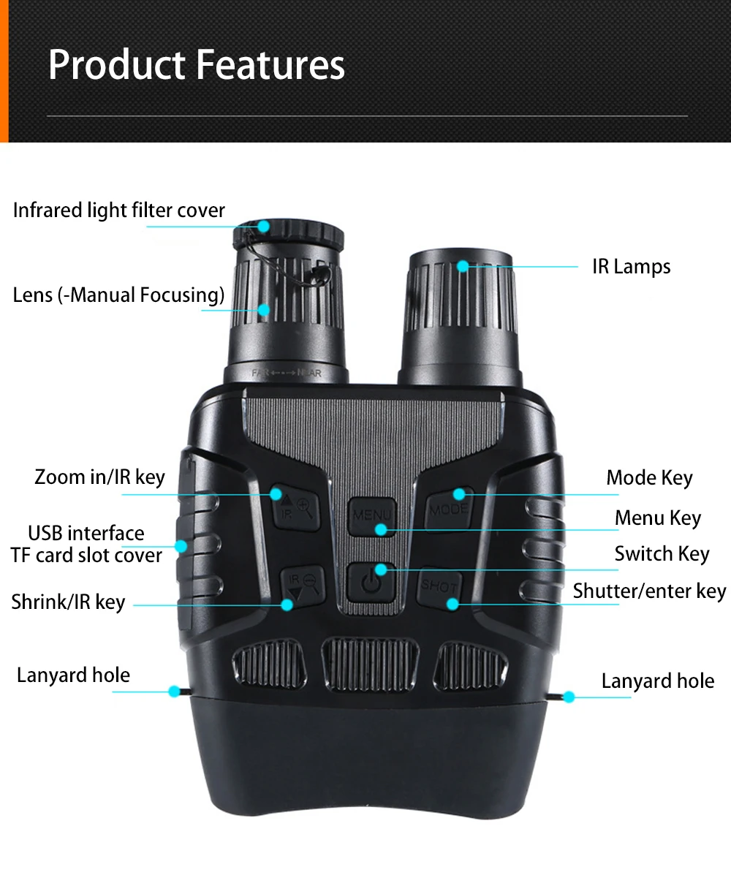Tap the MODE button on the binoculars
point(448,509)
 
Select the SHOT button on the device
point(439,587)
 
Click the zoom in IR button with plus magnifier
point(296,505)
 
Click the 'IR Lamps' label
point(631,267)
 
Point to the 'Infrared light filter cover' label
point(119,211)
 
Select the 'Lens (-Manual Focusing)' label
point(118,295)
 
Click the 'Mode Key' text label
point(649,478)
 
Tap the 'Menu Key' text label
point(657,518)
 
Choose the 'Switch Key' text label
point(662,554)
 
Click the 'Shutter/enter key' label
point(649,591)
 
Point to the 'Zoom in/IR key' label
point(100,477)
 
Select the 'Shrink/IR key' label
point(68,602)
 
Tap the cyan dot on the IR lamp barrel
point(462,265)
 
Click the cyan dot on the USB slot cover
point(181,545)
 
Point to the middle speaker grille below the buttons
point(370,664)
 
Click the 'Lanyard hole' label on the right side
point(657,681)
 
